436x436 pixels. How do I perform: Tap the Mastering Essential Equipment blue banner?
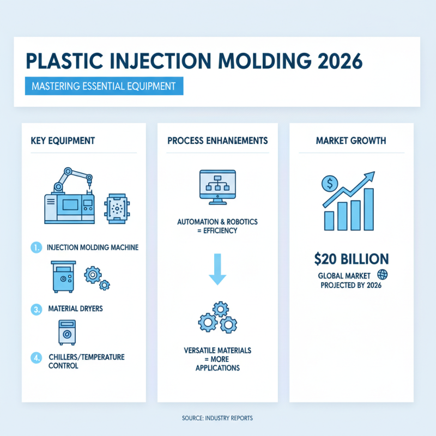pos(104,86)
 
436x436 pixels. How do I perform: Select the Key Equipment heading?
pos(63,141)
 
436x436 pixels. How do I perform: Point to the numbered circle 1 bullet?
pos(35,247)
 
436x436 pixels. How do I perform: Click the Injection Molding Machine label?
pos(92,247)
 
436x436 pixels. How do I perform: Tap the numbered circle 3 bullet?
pos(35,309)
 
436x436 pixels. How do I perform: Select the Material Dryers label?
pos(76,309)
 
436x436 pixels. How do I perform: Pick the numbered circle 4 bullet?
pos(35,358)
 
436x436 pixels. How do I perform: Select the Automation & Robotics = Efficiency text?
pos(217,226)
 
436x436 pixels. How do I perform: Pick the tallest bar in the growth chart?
pos(369,209)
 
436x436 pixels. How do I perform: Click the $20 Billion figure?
pos(351,258)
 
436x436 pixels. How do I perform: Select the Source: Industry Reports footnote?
pos(217,418)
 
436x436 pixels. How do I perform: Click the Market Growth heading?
pos(351,141)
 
